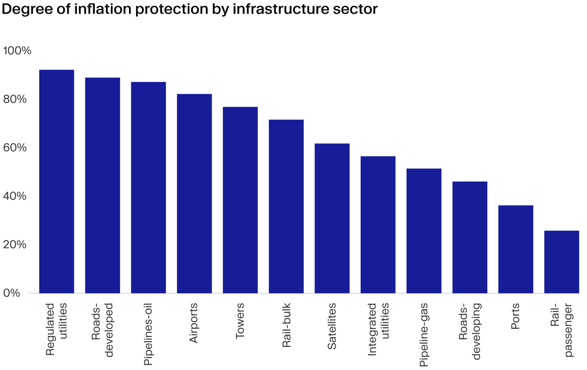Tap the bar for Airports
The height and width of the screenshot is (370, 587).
click(x=194, y=194)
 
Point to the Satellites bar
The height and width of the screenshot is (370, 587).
click(x=332, y=218)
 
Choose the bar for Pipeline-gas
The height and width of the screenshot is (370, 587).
click(x=424, y=231)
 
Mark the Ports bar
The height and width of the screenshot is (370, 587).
click(x=515, y=249)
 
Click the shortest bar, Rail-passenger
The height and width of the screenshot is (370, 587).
click(x=562, y=262)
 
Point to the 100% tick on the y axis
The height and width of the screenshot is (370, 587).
click(x=17, y=51)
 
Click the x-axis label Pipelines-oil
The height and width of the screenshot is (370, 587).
click(x=148, y=334)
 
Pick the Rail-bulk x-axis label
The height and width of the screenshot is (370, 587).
click(x=286, y=326)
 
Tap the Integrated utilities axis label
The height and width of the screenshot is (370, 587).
click(x=378, y=329)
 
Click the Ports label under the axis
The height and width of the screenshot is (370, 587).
click(x=515, y=316)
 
